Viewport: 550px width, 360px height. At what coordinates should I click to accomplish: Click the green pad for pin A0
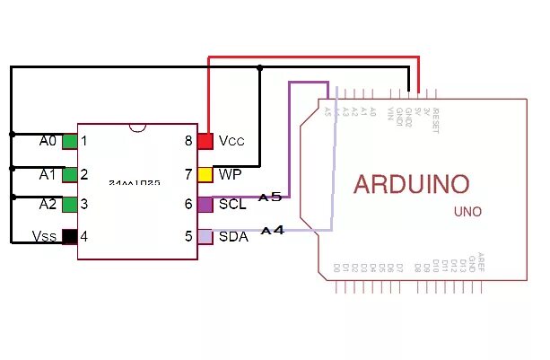click(x=69, y=142)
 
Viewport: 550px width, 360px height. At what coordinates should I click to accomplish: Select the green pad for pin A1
click(x=69, y=174)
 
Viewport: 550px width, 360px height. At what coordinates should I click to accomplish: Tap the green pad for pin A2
click(x=69, y=205)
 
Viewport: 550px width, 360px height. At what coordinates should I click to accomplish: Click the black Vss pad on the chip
click(x=69, y=237)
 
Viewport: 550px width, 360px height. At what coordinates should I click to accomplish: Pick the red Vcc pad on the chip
click(x=205, y=142)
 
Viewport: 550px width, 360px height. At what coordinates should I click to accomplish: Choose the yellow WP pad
click(x=205, y=173)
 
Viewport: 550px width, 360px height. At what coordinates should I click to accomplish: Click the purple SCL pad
click(x=205, y=205)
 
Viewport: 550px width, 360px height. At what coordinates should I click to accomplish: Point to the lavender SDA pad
click(x=205, y=237)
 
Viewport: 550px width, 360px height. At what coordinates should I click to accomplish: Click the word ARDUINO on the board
click(x=411, y=185)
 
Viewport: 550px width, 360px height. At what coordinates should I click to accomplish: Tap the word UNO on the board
click(x=467, y=212)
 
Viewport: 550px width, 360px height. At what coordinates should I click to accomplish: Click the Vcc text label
click(x=231, y=142)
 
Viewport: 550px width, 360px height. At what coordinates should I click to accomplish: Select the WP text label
click(x=230, y=173)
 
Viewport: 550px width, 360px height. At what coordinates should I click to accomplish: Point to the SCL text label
click(x=232, y=205)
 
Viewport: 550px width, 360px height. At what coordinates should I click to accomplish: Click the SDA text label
click(x=233, y=237)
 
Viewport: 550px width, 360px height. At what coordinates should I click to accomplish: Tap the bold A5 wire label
click(x=270, y=197)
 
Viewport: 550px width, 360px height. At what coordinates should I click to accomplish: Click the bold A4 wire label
click(x=272, y=231)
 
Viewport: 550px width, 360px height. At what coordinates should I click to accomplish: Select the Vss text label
click(x=45, y=237)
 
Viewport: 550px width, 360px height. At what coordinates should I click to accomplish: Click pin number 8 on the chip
click(x=188, y=142)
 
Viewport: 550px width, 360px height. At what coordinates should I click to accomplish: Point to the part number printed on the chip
click(x=135, y=182)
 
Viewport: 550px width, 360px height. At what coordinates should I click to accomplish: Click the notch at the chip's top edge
click(x=137, y=127)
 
